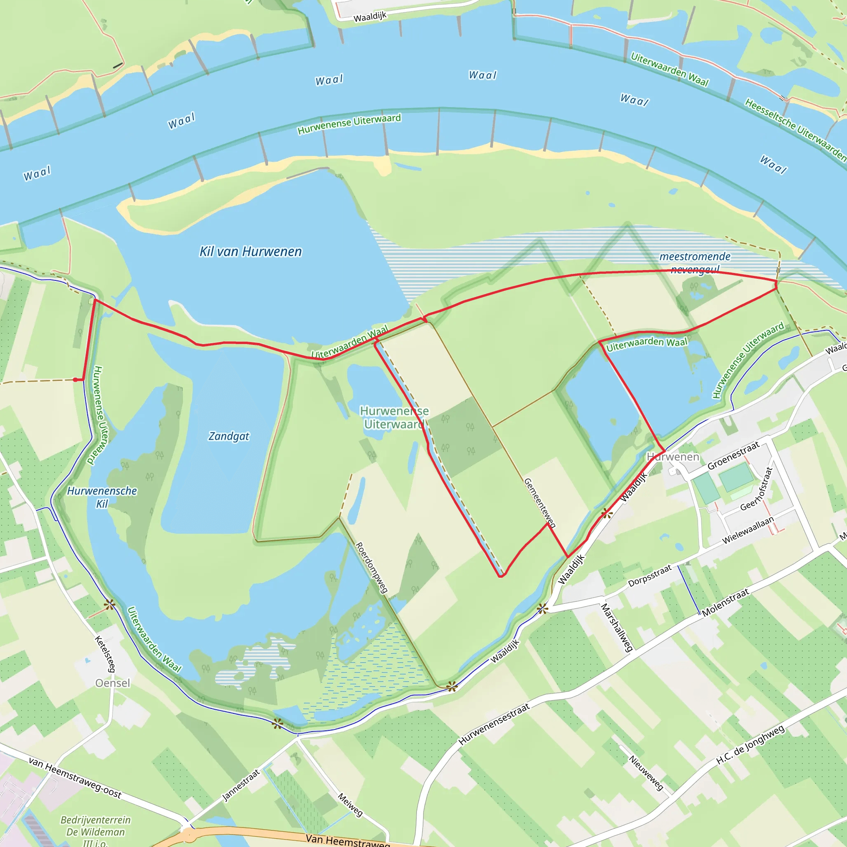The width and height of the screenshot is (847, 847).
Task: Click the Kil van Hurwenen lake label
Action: tap(250, 251)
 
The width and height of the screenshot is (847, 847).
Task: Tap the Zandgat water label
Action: tap(228, 436)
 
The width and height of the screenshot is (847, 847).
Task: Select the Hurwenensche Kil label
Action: tap(102, 497)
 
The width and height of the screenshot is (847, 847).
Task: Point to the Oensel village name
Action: tap(112, 683)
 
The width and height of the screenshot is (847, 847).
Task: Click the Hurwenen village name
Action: tap(673, 457)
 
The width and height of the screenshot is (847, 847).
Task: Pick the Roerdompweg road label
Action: tap(371, 568)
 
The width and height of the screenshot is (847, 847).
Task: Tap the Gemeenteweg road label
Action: tap(540, 502)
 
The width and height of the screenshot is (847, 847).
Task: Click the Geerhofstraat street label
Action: tap(756, 489)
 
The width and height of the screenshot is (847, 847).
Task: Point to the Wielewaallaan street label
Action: tap(748, 531)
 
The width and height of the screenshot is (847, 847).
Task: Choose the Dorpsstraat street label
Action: tap(650, 576)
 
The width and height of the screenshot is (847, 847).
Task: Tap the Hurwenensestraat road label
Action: tap(494, 724)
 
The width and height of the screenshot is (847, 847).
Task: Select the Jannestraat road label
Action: tap(241, 785)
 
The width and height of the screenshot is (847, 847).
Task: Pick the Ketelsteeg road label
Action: tap(105, 654)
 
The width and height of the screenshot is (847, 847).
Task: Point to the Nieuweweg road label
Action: tap(646, 773)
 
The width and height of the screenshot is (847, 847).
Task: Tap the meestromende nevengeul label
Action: tap(695, 263)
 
